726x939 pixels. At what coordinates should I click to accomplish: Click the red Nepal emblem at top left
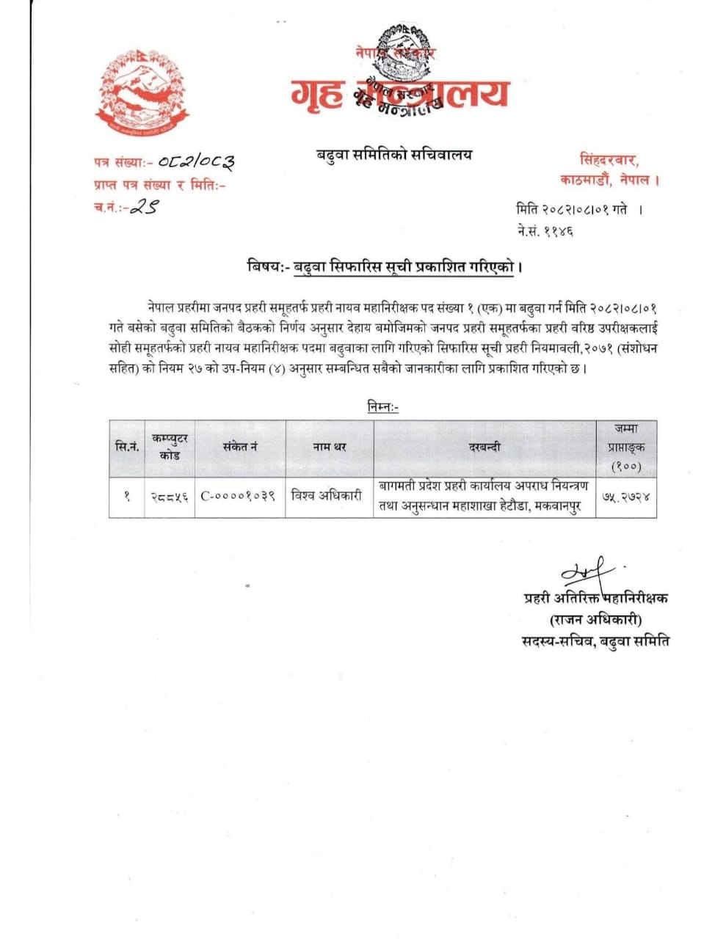tap(142, 92)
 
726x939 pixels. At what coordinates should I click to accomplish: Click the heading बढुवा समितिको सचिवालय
tap(389, 155)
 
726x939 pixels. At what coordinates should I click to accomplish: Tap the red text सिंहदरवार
tap(609, 159)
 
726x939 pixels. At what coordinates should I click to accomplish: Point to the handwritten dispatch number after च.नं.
tap(143, 208)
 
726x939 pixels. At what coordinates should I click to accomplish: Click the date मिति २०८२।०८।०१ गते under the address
tap(573, 209)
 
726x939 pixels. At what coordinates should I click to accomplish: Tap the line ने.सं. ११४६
tap(545, 231)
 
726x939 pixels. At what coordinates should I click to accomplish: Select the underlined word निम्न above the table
tap(382, 406)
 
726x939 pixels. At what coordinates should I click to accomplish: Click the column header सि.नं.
tap(127, 447)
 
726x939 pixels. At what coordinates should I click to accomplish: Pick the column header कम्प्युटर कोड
tap(170, 447)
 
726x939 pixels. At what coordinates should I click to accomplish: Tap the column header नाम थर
tap(330, 447)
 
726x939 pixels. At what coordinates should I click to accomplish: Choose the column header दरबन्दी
tap(484, 447)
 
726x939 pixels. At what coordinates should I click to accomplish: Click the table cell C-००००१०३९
tap(239, 497)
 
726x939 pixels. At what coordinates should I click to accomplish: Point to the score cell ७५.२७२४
tap(625, 497)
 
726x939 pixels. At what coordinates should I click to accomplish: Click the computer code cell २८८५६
tap(170, 497)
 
